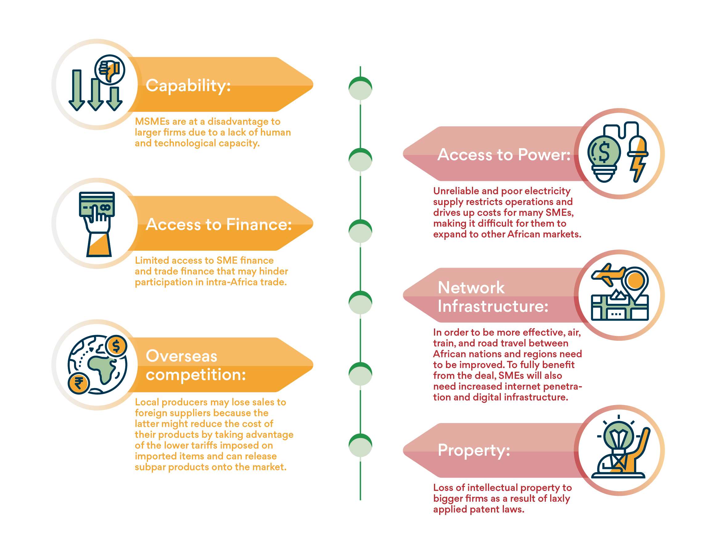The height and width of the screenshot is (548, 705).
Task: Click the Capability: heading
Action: [x=188, y=86]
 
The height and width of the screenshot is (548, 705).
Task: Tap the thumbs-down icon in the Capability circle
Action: [x=110, y=69]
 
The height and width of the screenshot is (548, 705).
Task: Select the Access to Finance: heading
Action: [x=219, y=224]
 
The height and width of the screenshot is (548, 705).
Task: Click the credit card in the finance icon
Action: [x=97, y=204]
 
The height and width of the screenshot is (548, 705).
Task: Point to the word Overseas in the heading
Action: [x=181, y=356]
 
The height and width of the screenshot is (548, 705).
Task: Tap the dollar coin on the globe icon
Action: [x=116, y=346]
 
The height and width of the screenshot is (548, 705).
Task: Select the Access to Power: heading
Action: [x=504, y=154]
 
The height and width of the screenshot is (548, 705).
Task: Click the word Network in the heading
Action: [x=471, y=287]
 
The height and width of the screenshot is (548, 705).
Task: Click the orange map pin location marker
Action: [x=635, y=280]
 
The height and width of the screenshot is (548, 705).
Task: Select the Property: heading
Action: [x=474, y=450]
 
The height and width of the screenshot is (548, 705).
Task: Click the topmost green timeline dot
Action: [x=360, y=88]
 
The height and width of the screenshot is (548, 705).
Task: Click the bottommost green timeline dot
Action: [x=360, y=445]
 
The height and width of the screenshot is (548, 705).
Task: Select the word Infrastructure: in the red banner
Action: [x=493, y=306]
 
